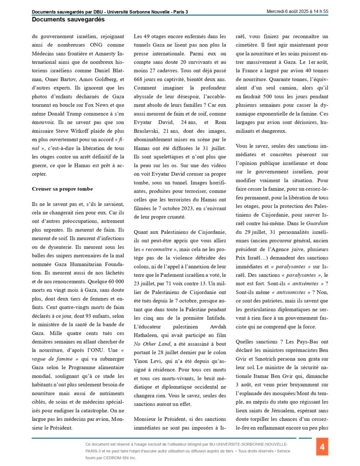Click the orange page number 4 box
point(322,447)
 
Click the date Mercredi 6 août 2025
point(295,11)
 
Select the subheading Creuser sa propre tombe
point(62,189)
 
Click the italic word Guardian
point(318,223)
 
